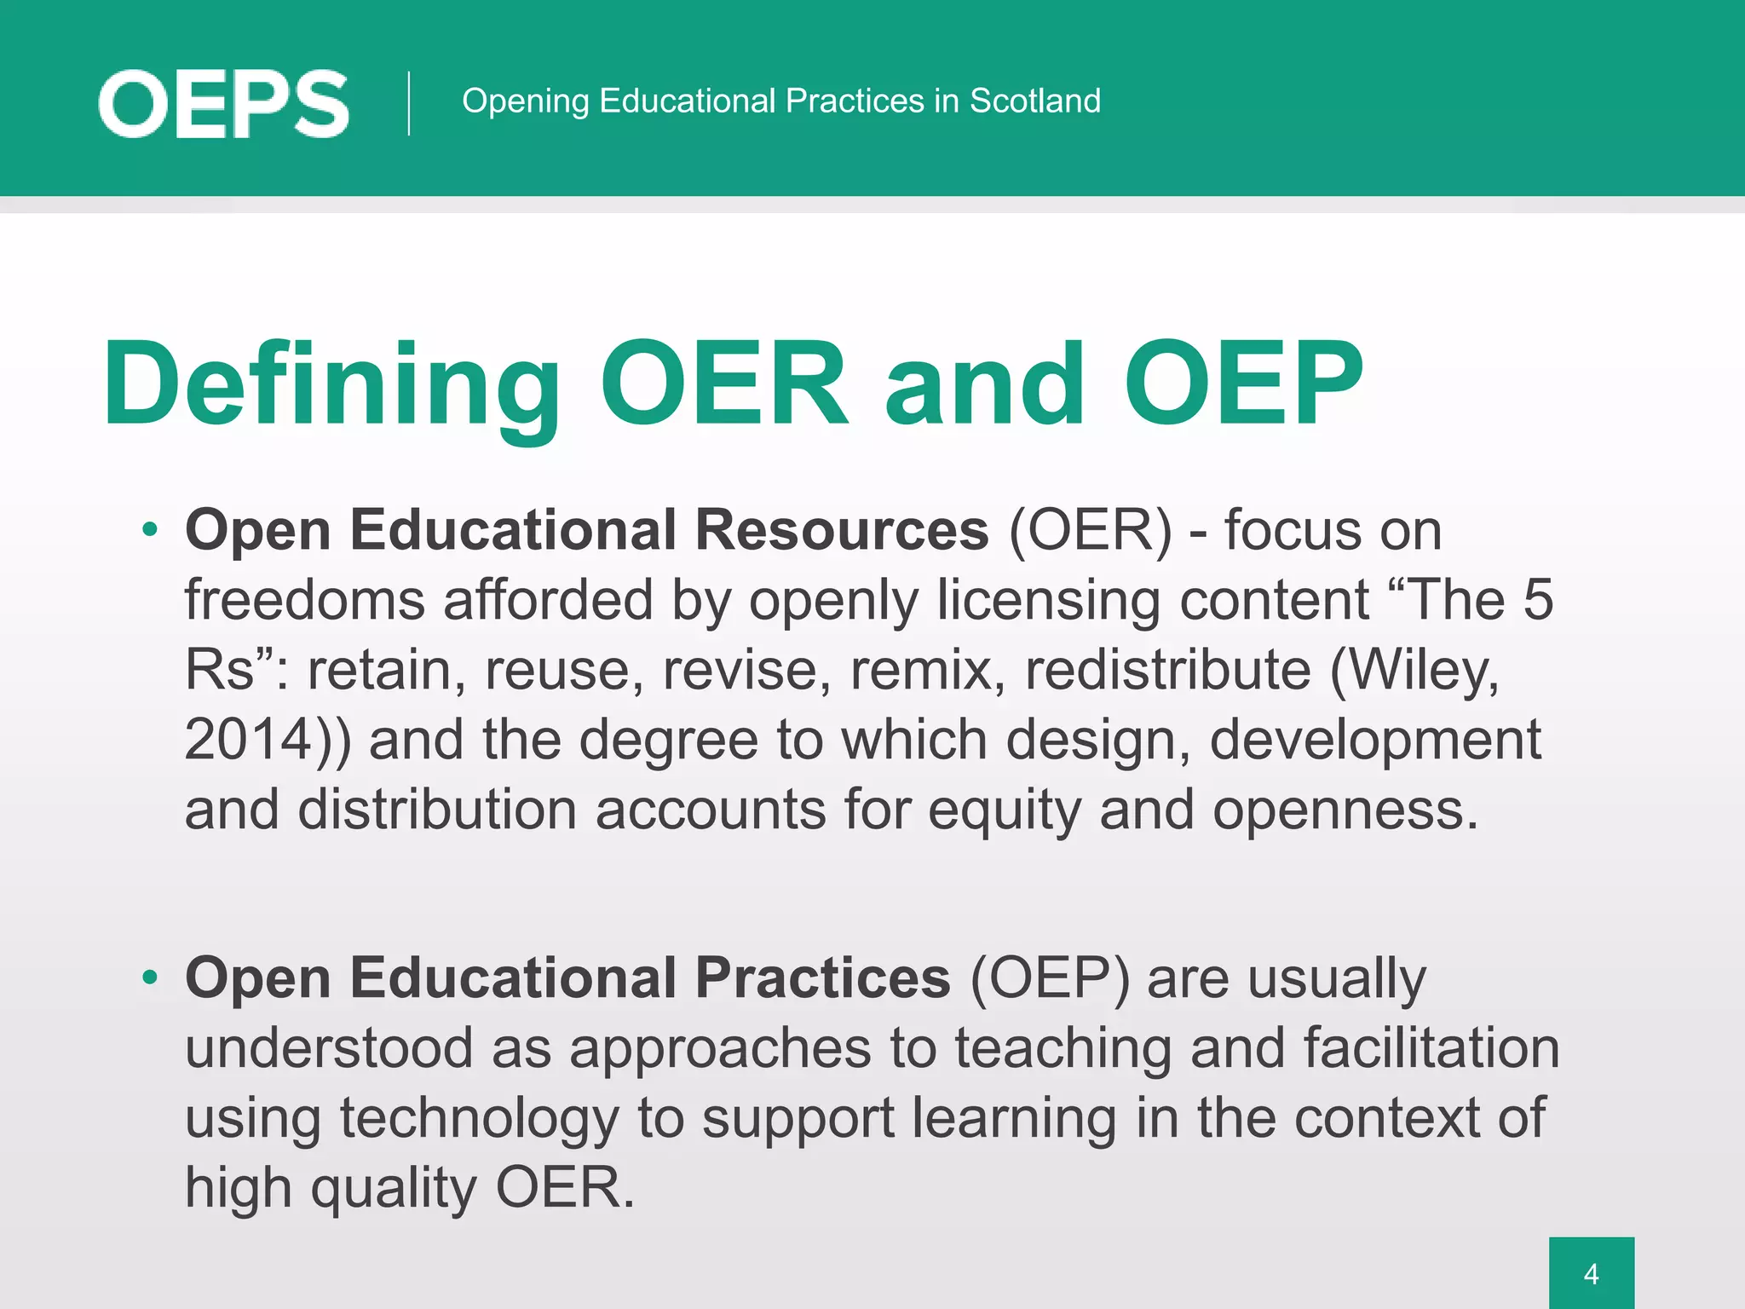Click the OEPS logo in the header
pos(223,104)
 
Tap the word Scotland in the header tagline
pos(1034,101)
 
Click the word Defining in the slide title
pos(331,384)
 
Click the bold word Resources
pos(842,530)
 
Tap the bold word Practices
pos(823,977)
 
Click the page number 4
pos(1591,1274)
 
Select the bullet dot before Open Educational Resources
pos(151,530)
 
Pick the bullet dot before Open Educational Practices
pos(151,977)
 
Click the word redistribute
pos(1167,670)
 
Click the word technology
pos(479,1119)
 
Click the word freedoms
pos(304,600)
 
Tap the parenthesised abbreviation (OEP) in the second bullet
pos(1049,977)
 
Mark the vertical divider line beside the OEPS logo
pos(409,103)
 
